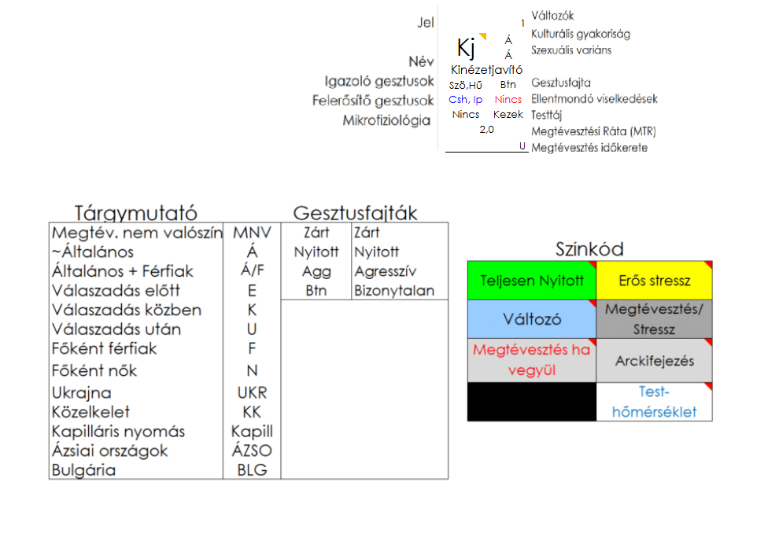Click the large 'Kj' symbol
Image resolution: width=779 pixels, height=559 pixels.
pos(467,49)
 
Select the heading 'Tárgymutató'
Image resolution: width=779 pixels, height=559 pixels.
pos(135,212)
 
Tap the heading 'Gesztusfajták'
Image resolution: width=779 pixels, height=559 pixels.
pos(355,212)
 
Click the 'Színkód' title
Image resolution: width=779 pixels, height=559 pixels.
pos(589,249)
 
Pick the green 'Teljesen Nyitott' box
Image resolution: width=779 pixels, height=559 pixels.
pos(532,281)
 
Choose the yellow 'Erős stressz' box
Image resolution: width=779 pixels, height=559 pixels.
pos(654,281)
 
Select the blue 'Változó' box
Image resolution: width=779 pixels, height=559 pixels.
pos(532,319)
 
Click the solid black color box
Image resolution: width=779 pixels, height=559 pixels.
pos(532,401)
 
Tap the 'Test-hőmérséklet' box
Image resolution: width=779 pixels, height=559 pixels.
pos(654,401)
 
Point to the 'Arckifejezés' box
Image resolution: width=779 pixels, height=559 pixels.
pos(654,361)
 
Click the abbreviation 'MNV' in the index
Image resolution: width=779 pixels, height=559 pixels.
pos(252,233)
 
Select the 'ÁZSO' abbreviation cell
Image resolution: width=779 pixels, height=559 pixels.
pos(252,451)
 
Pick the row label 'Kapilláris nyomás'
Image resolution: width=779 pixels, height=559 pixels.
pos(118,431)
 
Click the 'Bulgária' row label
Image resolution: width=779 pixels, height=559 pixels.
pos(83,470)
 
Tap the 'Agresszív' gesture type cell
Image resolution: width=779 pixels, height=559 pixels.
pos(386,271)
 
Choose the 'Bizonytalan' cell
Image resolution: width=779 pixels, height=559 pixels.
pos(393,290)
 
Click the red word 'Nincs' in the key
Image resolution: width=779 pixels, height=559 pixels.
pos(508,100)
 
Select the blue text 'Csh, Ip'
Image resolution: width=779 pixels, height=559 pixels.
pos(466,100)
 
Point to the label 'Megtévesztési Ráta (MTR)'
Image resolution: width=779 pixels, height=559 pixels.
pos(593,131)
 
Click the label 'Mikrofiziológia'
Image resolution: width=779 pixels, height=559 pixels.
pos(386,120)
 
